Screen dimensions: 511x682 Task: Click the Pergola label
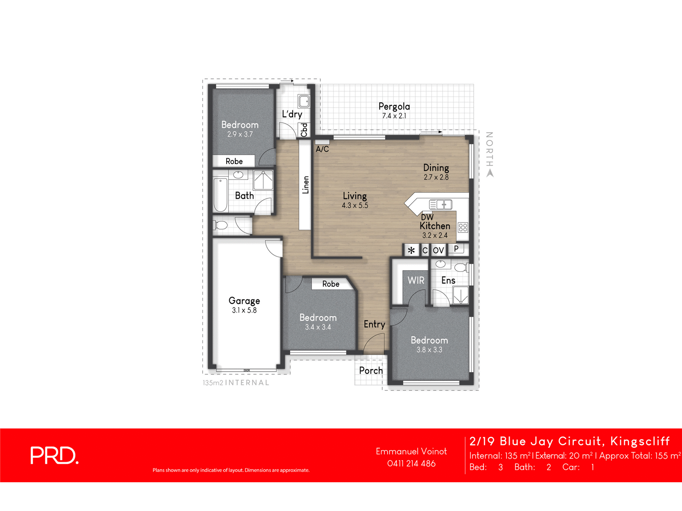coord(394,106)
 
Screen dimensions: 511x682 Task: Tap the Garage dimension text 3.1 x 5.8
coord(244,310)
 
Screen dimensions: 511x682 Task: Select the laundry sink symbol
coord(304,101)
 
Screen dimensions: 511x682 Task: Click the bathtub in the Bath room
coord(220,195)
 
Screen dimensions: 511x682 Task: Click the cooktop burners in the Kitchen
coord(463,227)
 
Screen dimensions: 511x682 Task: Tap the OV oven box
coord(438,250)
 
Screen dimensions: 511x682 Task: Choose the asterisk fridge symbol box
coord(411,250)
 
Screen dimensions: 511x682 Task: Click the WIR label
coord(416,280)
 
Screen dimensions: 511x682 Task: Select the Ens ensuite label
coord(448,280)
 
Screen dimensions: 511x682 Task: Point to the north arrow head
coord(490,173)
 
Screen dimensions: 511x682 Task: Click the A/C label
coord(322,149)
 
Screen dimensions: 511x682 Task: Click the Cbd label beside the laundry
coord(304,130)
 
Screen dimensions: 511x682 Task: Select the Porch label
coord(371,370)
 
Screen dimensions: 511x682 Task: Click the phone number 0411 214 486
coord(411,463)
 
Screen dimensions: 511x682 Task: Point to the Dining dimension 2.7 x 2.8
coord(436,177)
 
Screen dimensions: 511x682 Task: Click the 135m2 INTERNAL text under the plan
coord(236,383)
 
